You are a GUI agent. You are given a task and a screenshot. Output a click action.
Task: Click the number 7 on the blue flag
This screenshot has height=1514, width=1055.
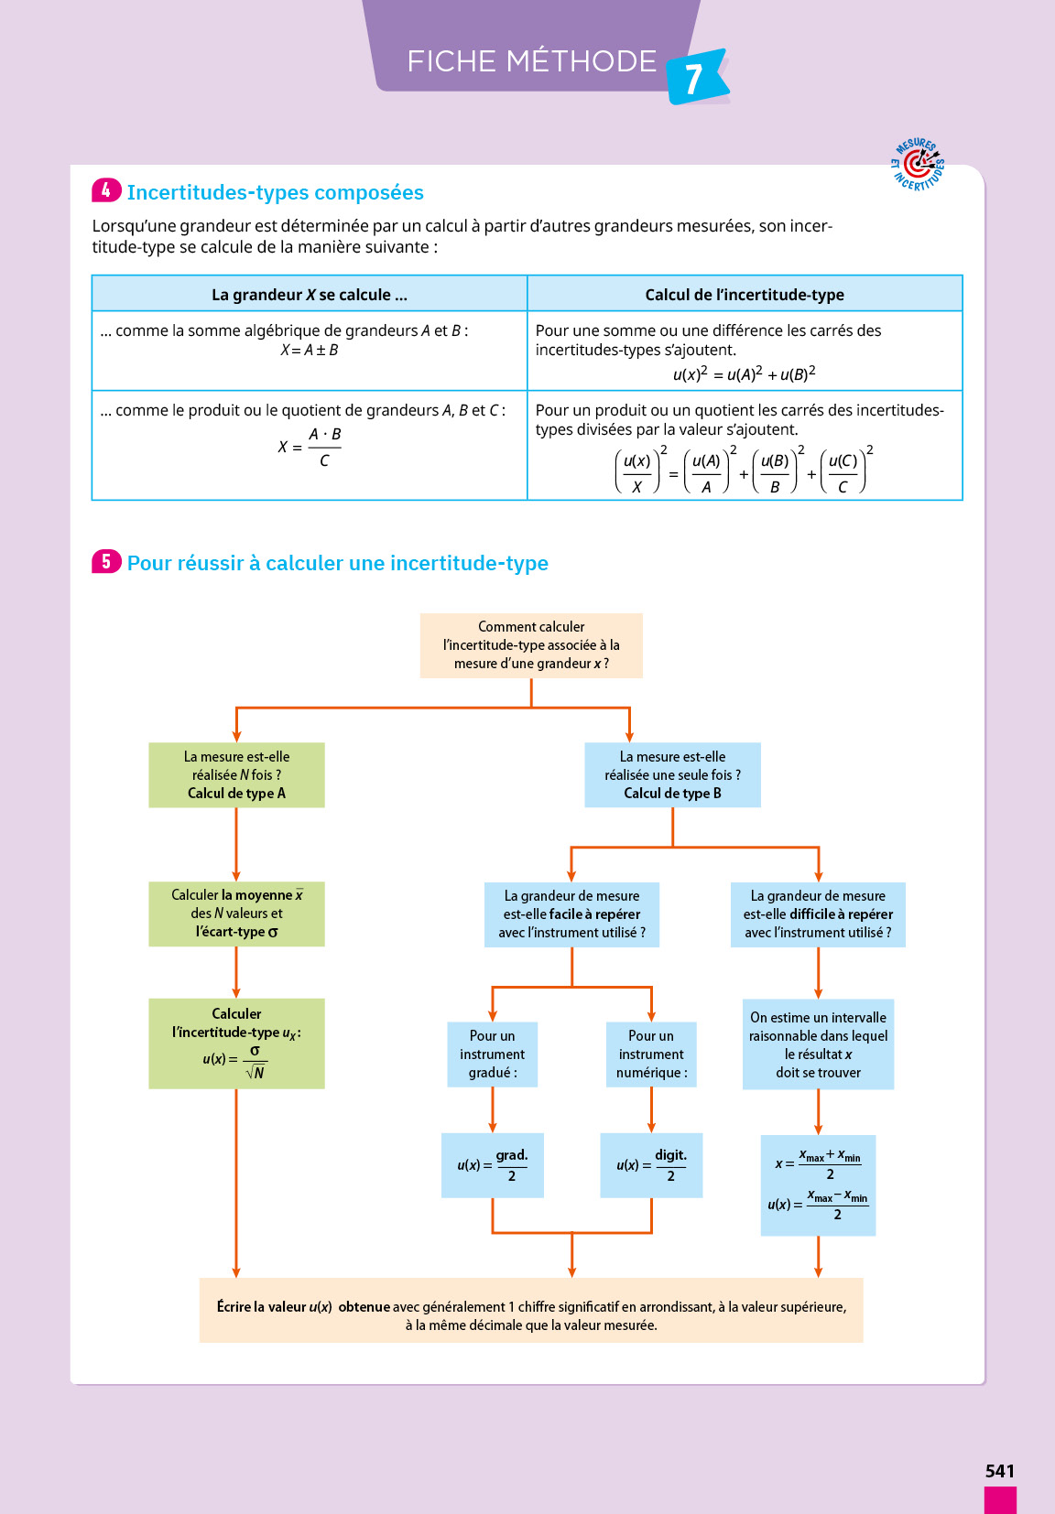coord(694,80)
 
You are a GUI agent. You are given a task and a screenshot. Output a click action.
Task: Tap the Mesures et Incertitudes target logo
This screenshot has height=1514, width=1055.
coord(918,164)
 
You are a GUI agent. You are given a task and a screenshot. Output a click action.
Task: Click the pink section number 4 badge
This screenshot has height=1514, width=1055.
coord(106,190)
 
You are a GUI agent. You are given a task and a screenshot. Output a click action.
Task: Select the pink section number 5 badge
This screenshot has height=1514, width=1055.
coord(106,562)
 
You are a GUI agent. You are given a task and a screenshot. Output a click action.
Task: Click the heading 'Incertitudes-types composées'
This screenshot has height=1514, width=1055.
coord(276,192)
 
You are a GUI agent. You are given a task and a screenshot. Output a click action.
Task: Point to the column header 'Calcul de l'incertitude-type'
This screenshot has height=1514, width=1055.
coord(744,295)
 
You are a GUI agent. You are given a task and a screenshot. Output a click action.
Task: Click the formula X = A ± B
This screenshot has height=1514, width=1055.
coord(309,350)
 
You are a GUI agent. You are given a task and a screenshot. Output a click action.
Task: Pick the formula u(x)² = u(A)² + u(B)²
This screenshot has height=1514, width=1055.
coord(744,373)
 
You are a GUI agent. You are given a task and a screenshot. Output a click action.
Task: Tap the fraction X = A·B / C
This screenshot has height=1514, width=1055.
coord(310,447)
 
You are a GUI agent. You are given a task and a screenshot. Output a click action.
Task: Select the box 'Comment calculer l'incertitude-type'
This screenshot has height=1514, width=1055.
coord(531,645)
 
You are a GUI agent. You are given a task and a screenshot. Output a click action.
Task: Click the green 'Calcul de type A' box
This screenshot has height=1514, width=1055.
coord(236,775)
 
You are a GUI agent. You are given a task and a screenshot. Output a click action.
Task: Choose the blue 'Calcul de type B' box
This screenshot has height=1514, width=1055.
coord(672,775)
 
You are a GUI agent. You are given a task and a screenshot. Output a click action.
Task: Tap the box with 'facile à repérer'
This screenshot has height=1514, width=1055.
coord(571,914)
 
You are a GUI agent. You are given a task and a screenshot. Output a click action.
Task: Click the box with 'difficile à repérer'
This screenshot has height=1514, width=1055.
coord(818,914)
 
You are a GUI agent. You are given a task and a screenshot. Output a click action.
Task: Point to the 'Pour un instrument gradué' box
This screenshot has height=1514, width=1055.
coord(493,1054)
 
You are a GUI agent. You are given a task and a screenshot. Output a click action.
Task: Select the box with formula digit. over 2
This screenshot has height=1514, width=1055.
coord(651,1165)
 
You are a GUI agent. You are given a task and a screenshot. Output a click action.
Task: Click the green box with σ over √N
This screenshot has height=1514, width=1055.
coord(236,1044)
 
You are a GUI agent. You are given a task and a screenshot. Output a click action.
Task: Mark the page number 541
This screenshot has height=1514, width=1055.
coord(999,1471)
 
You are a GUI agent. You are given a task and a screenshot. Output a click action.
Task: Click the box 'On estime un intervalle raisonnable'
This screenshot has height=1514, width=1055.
coord(818,1044)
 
